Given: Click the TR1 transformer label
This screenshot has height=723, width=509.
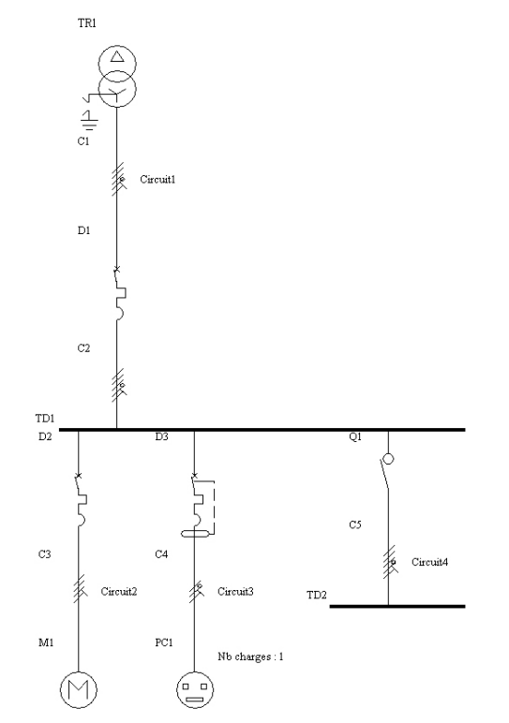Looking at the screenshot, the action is click(x=87, y=23).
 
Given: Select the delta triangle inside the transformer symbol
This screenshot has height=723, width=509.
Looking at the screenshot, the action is click(x=117, y=57).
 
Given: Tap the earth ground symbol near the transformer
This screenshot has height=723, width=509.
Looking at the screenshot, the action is click(x=89, y=120).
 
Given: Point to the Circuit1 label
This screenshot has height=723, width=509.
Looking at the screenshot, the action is click(x=157, y=180).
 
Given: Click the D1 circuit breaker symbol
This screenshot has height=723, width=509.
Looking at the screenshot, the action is click(x=120, y=293).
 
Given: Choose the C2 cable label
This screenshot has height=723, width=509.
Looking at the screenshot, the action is click(x=83, y=348).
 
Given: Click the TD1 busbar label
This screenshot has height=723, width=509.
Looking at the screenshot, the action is click(x=45, y=419).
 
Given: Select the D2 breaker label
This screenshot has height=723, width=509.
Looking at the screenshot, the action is click(x=45, y=436).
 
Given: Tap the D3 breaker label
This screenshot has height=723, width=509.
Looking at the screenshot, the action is click(x=161, y=436).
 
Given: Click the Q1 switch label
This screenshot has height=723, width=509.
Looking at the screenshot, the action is click(x=355, y=436).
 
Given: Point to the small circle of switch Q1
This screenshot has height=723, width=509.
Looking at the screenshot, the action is click(x=389, y=459).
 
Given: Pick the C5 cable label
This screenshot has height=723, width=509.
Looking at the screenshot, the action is click(x=355, y=524).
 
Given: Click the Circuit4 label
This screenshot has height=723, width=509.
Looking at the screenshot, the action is click(x=429, y=562).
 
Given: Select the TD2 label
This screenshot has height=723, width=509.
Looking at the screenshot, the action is click(x=317, y=596).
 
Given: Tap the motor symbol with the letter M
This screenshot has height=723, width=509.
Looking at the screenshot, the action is click(x=79, y=689).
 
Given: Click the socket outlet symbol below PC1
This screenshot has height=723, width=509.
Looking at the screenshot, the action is click(x=195, y=689).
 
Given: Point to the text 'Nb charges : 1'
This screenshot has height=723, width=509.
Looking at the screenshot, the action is click(x=250, y=657).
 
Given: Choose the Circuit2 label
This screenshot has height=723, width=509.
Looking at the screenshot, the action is click(x=119, y=592).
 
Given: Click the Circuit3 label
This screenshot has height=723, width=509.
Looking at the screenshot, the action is click(x=235, y=592).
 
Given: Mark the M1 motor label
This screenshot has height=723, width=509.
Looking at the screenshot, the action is click(x=46, y=642).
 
